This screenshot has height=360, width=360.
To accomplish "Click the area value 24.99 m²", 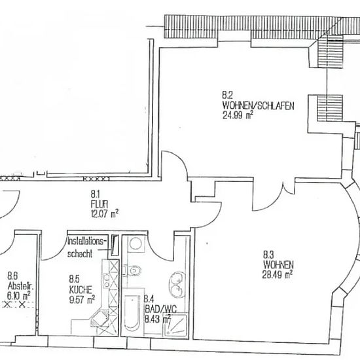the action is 238,115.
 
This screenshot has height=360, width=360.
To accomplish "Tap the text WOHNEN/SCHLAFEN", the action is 258,105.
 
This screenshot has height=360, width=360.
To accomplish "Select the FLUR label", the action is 99,204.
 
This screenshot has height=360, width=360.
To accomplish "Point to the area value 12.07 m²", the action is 105,213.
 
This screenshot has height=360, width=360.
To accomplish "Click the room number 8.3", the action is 268,255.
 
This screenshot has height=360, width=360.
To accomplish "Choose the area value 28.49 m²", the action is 278,274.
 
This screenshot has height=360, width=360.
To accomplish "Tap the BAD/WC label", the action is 160,310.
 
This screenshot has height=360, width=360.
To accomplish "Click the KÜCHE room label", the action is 81,290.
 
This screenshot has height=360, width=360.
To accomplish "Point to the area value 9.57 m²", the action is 82,299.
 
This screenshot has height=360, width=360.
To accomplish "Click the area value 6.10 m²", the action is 18,295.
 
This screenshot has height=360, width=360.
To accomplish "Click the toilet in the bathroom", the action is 133,270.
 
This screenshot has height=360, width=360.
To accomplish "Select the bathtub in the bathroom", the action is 132,313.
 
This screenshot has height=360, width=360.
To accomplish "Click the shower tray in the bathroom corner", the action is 175,325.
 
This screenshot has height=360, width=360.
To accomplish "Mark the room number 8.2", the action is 227,96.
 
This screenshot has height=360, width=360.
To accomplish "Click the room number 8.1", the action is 95,194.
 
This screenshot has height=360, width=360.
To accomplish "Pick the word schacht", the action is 80,254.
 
